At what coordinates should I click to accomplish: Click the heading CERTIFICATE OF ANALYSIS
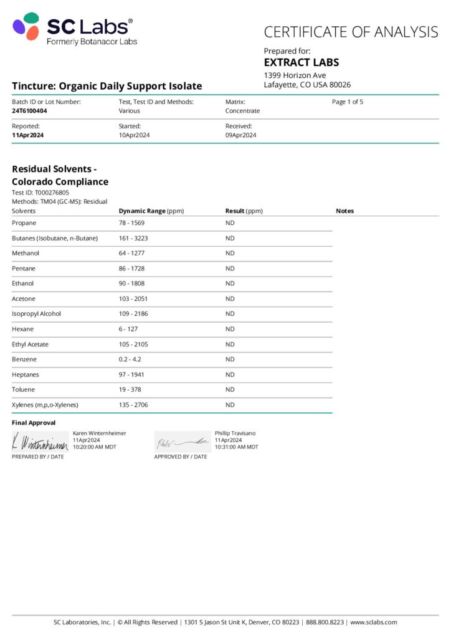[x=351, y=32]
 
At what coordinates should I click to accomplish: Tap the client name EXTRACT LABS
[x=301, y=63]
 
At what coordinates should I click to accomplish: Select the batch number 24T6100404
[x=29, y=111]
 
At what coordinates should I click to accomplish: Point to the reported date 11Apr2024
[x=27, y=135]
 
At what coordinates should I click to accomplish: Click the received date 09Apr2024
[x=240, y=135]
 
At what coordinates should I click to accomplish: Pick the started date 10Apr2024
[x=134, y=135]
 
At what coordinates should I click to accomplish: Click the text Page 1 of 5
[x=348, y=102]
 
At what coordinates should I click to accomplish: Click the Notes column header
[x=344, y=211]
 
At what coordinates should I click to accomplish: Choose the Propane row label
[x=24, y=223]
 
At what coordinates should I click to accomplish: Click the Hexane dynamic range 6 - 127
[x=128, y=329]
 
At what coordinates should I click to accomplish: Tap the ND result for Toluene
[x=230, y=390]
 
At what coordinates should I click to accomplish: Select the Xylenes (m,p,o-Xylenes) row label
[x=46, y=405]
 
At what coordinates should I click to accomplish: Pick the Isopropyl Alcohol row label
[x=37, y=314]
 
